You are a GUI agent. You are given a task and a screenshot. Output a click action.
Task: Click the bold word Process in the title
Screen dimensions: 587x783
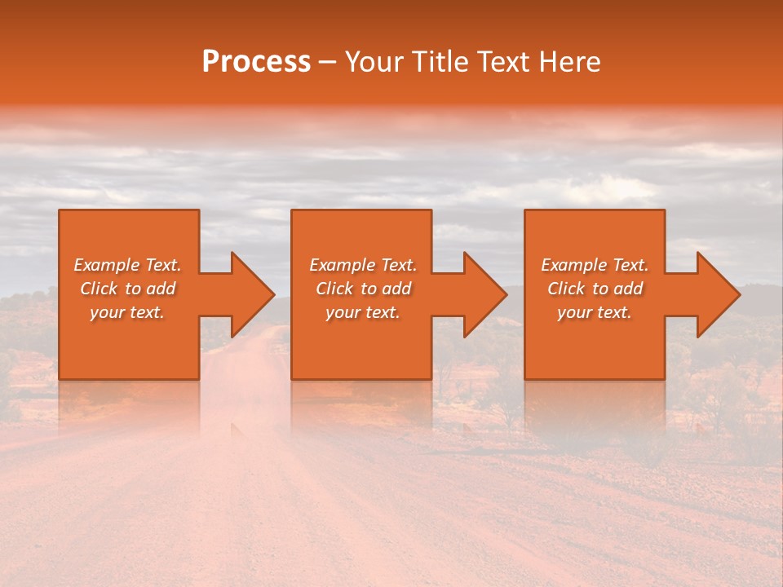point(256,62)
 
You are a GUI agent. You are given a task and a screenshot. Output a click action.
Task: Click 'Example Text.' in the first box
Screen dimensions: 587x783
point(127,265)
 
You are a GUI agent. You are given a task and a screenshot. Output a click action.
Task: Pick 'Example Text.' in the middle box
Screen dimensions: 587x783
point(363,265)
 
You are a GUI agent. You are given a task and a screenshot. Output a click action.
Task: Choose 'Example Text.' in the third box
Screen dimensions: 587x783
point(595,265)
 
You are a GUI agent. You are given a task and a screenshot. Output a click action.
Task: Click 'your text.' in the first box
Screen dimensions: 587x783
point(127,312)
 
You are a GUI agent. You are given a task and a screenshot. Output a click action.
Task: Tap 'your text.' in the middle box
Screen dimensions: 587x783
point(363,312)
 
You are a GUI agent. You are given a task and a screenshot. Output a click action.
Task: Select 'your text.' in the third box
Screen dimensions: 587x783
point(595,312)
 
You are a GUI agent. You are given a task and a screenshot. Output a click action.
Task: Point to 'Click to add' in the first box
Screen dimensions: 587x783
point(127,289)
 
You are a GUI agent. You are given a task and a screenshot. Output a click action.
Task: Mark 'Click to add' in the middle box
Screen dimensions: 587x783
point(363,289)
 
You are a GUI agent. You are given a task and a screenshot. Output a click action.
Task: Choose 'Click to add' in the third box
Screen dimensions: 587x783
point(595,289)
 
